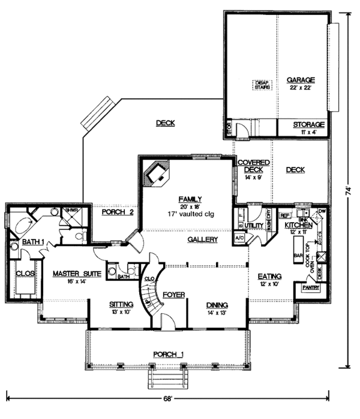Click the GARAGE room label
300,80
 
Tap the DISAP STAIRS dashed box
261,85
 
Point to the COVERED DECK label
253,166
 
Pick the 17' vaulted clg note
188,213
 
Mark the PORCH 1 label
167,354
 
